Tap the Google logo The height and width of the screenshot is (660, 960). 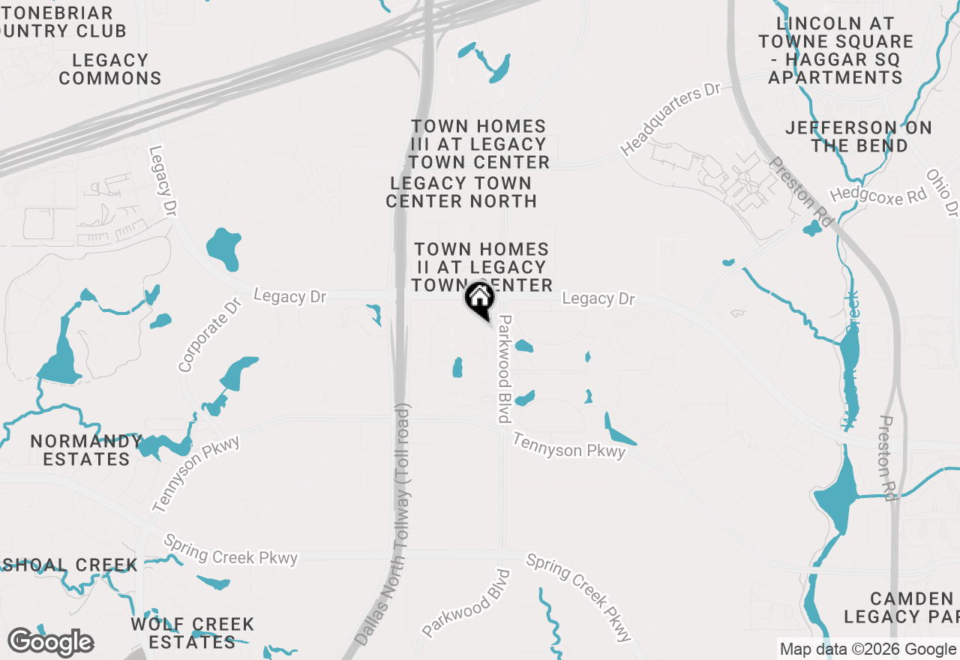[50, 642]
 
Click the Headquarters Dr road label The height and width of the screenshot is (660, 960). [670, 119]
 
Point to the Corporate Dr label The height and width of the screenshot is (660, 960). [211, 335]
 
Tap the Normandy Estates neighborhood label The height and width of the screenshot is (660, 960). [86, 450]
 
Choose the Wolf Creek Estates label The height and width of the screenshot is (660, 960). [193, 633]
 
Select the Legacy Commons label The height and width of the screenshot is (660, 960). [110, 69]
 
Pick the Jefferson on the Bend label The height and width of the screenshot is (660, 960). [859, 136]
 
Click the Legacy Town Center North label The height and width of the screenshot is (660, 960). [461, 192]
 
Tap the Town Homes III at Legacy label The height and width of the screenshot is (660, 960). [478, 144]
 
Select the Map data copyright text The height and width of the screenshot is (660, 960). [868, 649]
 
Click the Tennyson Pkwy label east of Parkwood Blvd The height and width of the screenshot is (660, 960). [569, 444]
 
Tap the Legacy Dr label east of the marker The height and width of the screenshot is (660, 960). [598, 298]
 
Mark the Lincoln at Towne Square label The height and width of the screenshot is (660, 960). [835, 50]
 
